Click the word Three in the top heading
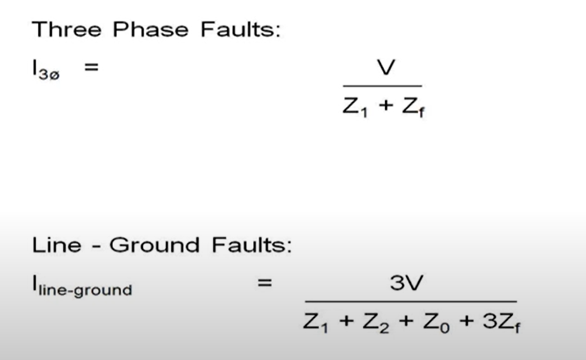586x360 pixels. pos(67,29)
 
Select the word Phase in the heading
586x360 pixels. pos(151,29)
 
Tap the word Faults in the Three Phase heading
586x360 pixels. pos(240,29)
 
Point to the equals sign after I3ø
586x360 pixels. pos(91,67)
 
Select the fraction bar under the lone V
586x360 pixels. pos(382,87)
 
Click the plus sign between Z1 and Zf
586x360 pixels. pos(385,107)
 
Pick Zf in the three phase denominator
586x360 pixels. pos(413,108)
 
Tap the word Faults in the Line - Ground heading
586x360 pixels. pos(251,245)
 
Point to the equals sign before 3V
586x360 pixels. pos(265,283)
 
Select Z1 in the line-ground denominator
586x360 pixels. pos(316,322)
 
